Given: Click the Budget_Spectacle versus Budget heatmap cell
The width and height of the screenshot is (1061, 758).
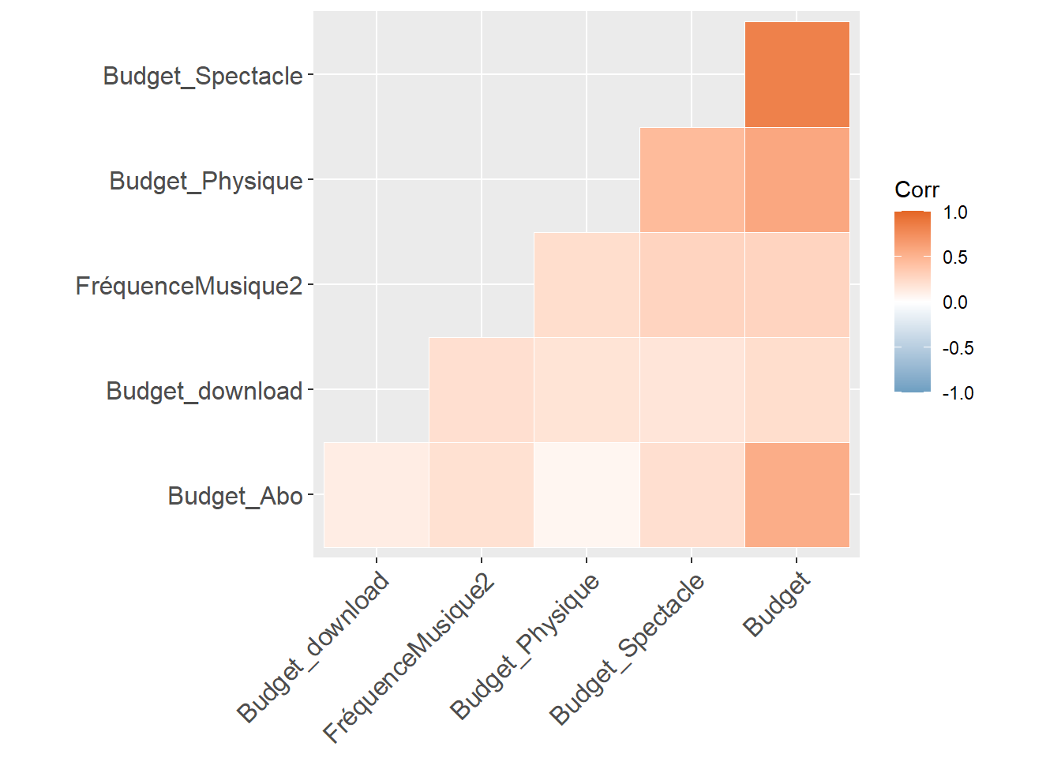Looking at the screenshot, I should pos(797,75).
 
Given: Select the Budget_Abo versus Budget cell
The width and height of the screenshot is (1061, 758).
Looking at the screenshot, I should pos(797,495).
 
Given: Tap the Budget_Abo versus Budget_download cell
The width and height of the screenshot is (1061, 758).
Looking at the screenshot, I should pos(377,495).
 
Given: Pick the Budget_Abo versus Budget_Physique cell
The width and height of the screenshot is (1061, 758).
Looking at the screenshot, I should pos(587,495).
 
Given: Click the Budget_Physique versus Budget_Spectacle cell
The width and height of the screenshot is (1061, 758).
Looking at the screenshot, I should pos(692,180).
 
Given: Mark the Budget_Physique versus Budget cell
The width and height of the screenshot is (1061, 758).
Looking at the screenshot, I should pos(797,180).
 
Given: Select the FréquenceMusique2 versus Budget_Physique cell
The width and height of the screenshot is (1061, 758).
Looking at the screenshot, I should pos(587,285).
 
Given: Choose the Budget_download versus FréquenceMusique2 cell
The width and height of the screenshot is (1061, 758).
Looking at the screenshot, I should pos(482,390).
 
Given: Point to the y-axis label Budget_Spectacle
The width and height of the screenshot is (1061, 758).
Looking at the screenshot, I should pos(203,76).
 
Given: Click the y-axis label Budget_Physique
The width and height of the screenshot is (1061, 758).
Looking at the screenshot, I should pos(206,181).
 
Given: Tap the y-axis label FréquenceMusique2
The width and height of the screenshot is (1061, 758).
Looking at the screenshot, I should pos(189,286).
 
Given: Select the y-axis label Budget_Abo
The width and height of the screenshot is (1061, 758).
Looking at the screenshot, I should pos(235,496).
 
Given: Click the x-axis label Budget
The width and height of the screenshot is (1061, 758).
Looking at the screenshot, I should pos(777,604).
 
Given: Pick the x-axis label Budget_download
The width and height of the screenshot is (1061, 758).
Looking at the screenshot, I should pos(313,647).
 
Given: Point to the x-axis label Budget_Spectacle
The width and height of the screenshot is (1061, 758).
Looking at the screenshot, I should pos(627,649).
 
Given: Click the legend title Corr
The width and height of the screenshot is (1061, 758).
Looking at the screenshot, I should pos(917,189).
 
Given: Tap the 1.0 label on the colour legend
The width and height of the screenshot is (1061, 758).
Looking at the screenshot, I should pos(955,212).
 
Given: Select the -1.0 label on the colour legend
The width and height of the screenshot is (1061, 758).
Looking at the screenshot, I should pos(958,393).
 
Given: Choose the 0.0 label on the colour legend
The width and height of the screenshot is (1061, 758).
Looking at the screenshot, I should pos(955,302).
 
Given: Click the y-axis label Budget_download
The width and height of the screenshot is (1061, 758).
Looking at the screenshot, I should pos(204,391).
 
